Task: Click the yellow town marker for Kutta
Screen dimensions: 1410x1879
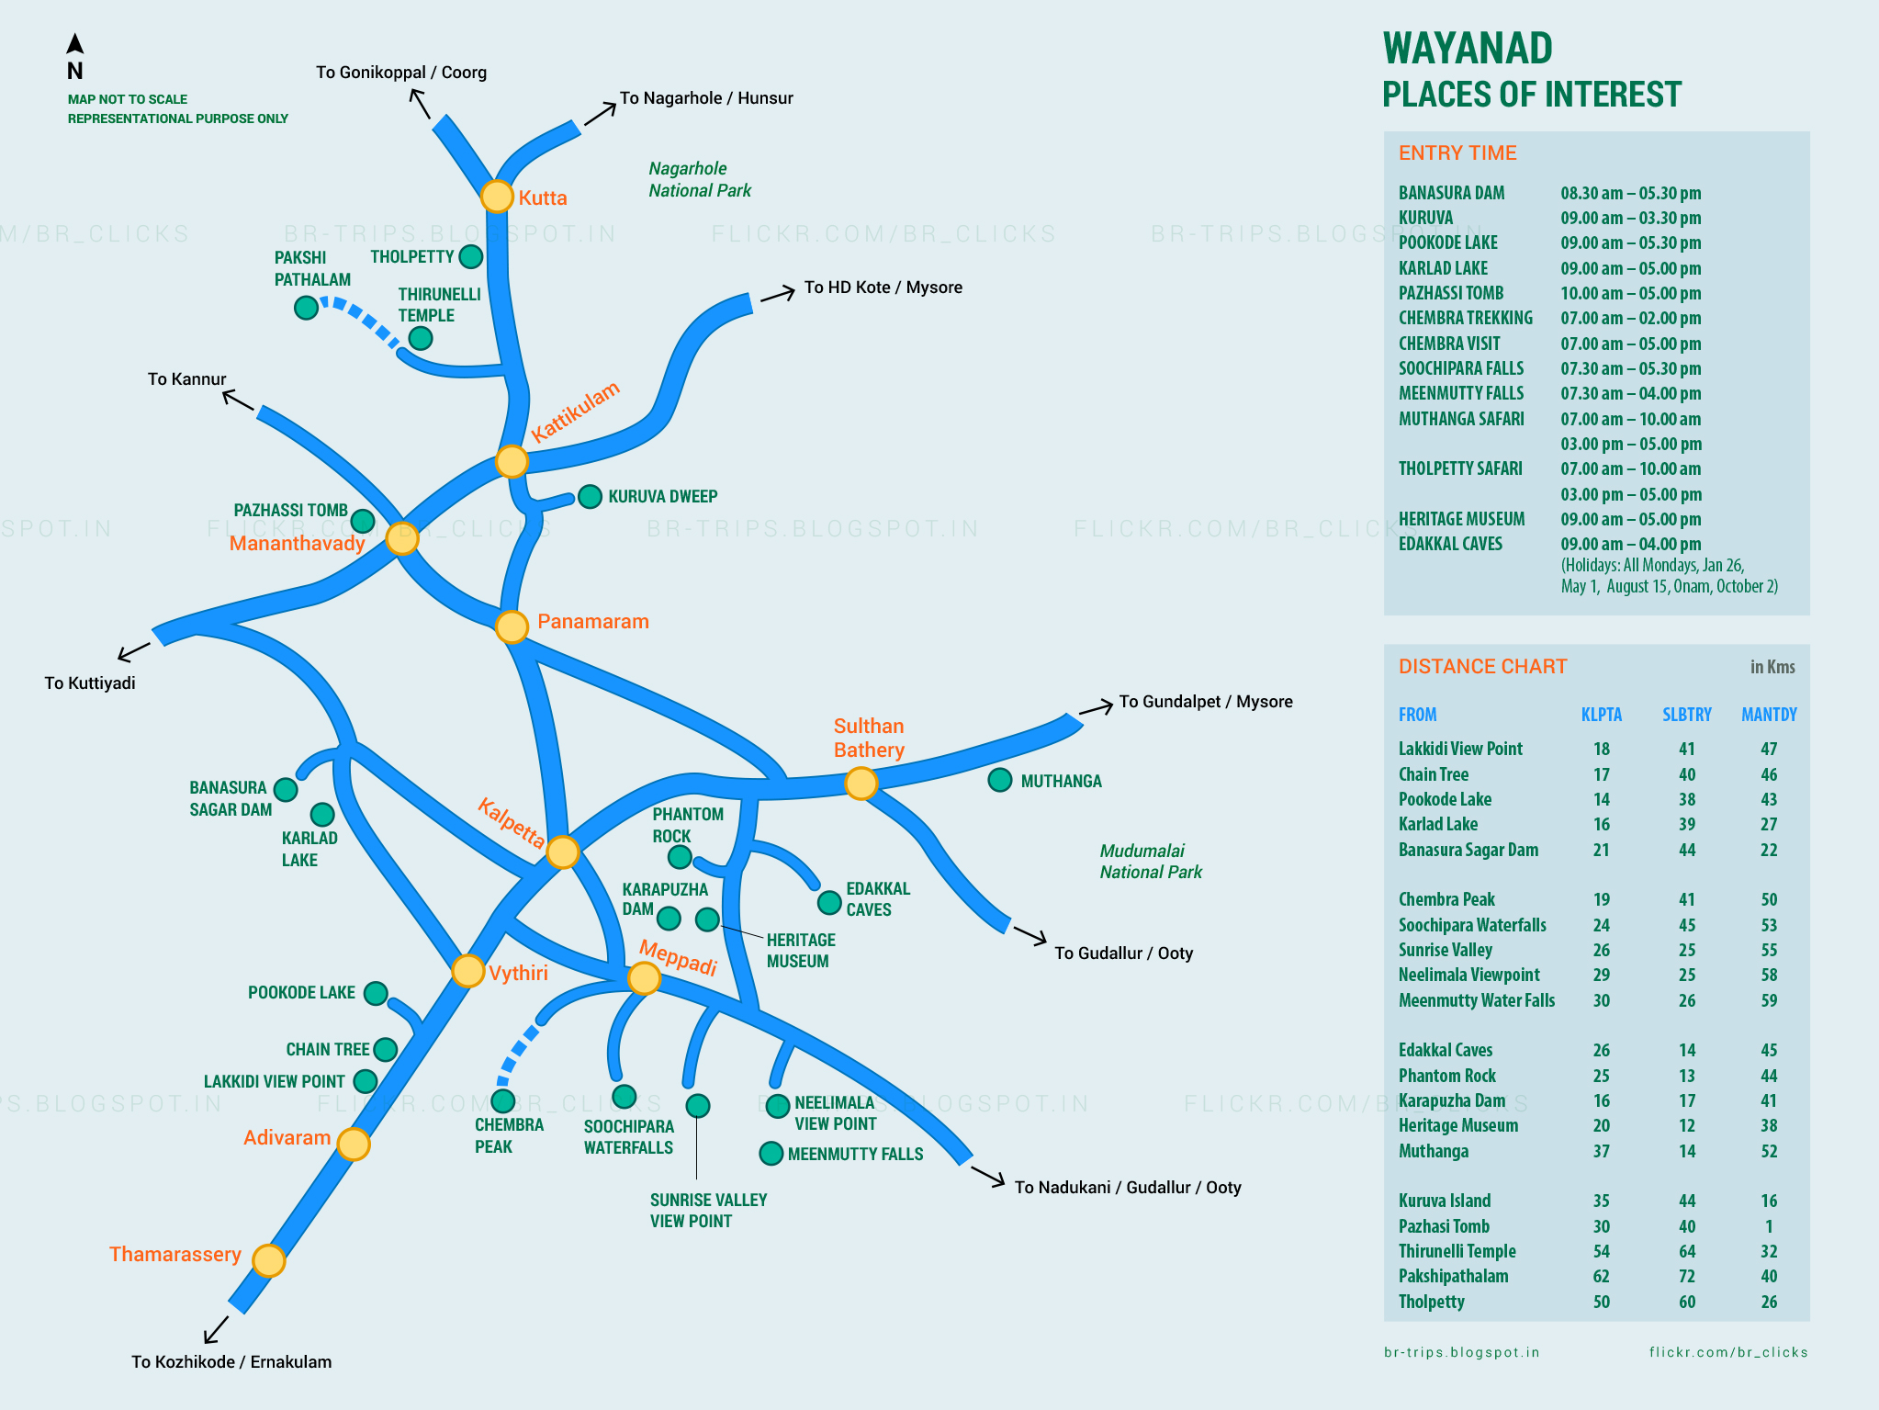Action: pyautogui.click(x=497, y=197)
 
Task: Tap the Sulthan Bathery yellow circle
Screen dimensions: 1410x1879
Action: pyautogui.click(x=861, y=784)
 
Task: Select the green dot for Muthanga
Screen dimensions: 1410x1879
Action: pyautogui.click(x=1000, y=780)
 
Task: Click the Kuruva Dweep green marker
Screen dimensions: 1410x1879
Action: pyautogui.click(x=590, y=497)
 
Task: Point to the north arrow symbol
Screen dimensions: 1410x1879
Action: pyautogui.click(x=75, y=44)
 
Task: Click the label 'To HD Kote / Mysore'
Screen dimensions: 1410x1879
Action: pyautogui.click(x=883, y=288)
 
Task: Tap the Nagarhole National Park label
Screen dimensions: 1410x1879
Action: pyautogui.click(x=700, y=179)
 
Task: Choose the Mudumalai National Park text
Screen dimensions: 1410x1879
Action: pyautogui.click(x=1151, y=862)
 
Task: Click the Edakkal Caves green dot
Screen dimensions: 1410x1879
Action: pyautogui.click(x=829, y=902)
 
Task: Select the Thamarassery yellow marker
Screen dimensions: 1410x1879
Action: pyautogui.click(x=269, y=1260)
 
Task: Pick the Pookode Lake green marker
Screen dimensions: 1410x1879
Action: pyautogui.click(x=376, y=993)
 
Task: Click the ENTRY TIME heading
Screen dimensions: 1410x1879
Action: pyautogui.click(x=1457, y=153)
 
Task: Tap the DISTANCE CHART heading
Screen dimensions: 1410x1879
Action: pyautogui.click(x=1482, y=667)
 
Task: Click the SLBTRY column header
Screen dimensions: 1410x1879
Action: pyautogui.click(x=1686, y=715)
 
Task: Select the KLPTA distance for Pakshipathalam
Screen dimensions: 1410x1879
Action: pyautogui.click(x=1601, y=1276)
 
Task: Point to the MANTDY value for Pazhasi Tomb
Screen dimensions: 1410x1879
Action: pyautogui.click(x=1768, y=1226)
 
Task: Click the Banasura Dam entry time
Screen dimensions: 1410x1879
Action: pyautogui.click(x=1630, y=193)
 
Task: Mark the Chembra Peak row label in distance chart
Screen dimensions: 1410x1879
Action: pyautogui.click(x=1446, y=899)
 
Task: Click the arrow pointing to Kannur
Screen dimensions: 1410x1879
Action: pyautogui.click(x=238, y=400)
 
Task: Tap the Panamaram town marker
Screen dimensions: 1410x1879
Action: pyautogui.click(x=512, y=626)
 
